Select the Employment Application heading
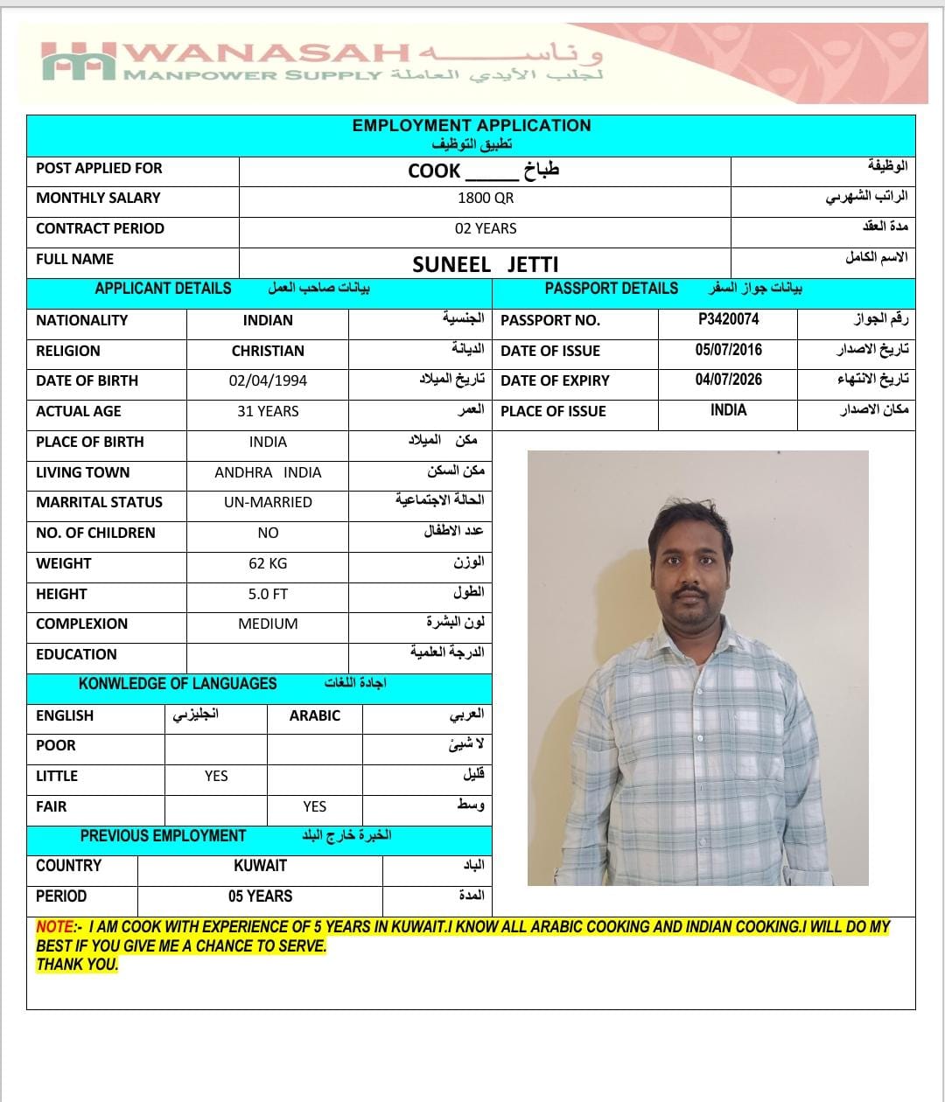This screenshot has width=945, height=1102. coord(472,126)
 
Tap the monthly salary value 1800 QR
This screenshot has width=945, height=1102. coord(486,199)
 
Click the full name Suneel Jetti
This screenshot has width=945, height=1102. coord(485,264)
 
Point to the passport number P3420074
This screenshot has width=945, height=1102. coord(728,320)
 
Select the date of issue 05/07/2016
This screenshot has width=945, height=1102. coord(728,350)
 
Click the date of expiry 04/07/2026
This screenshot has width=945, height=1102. coord(728,380)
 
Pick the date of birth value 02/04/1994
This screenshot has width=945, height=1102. coord(268,381)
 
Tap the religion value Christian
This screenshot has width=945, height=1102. coord(268,351)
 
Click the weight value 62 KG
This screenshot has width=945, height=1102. coord(268,563)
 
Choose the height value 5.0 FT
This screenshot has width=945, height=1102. coord(268,594)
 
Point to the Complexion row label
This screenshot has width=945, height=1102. coord(81,624)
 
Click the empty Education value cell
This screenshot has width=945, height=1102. coord(268,655)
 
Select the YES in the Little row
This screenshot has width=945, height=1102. coord(216,776)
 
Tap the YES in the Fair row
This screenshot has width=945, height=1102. coord(314,806)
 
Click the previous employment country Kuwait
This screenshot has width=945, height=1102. coord(260,866)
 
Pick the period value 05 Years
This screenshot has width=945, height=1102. coord(260,896)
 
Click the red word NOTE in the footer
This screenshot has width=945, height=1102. coord(54,927)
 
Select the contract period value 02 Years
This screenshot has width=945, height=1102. coord(486,229)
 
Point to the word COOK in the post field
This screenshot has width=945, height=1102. coord(434,171)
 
